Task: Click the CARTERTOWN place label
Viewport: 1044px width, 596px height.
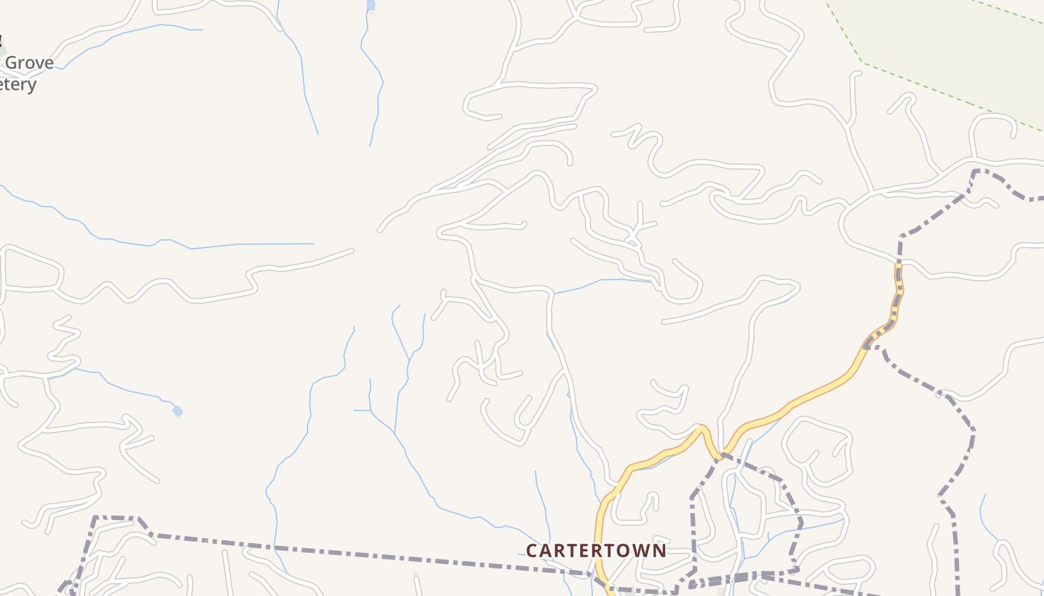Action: (x=596, y=551)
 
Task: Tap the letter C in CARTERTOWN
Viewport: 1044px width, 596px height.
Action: (x=531, y=551)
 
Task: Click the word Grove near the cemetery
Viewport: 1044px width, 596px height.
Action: (x=29, y=63)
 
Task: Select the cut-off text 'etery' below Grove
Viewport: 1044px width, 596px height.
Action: (x=18, y=85)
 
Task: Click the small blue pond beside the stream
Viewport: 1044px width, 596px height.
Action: (x=177, y=410)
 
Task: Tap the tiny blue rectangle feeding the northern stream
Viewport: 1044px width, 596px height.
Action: (x=371, y=5)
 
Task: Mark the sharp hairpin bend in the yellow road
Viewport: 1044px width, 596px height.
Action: (x=702, y=429)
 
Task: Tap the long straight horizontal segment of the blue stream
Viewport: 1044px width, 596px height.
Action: (x=254, y=244)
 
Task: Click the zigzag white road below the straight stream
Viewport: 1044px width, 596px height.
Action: (x=149, y=287)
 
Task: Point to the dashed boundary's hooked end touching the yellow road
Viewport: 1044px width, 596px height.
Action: (x=867, y=346)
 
